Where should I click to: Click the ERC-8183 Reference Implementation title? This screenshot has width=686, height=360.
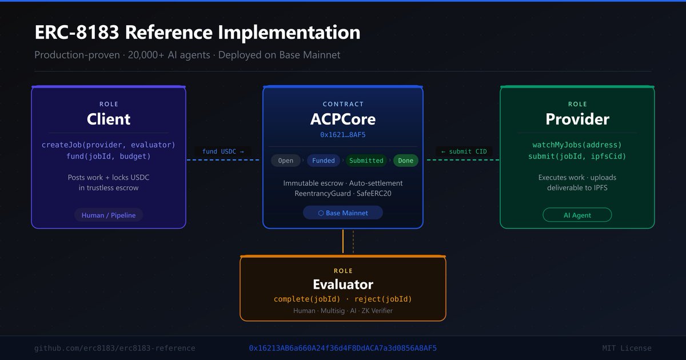pos(197,33)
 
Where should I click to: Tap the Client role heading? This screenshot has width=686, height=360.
pos(109,119)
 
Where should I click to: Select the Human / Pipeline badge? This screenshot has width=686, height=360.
pos(109,215)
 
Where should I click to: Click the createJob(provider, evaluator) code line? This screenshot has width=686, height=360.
pos(109,145)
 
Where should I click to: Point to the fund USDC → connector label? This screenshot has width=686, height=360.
pos(223,151)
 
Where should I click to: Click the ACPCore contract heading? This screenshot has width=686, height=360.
pos(343,119)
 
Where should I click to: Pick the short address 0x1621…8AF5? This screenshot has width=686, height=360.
pos(343,135)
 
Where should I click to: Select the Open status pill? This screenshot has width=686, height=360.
pos(286,161)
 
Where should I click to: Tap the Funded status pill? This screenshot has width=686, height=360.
pos(324,161)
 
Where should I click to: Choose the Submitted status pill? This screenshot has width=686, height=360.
pos(366,161)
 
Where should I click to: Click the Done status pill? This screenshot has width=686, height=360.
pos(406,161)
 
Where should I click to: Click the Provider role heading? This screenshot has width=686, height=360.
pos(577,119)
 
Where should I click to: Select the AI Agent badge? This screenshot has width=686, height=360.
pos(577,215)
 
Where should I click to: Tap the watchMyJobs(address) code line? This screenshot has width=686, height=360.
pos(577,145)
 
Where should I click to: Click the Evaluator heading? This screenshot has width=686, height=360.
pos(343,285)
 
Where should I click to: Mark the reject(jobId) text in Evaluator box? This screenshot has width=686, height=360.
pos(383,299)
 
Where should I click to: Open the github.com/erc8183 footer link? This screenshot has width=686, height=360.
pos(115,348)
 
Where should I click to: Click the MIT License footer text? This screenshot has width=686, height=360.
pos(627,348)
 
